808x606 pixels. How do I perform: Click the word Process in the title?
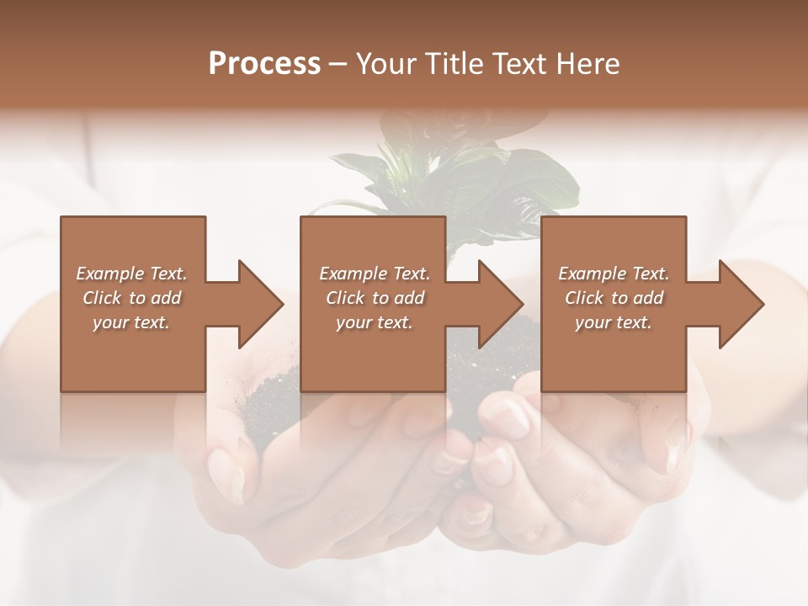[264, 64]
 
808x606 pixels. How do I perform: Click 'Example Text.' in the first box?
[131, 274]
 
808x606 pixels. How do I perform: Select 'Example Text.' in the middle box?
[375, 274]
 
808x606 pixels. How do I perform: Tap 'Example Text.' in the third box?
[614, 274]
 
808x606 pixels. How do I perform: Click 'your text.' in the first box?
[131, 322]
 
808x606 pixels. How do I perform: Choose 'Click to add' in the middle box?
[375, 298]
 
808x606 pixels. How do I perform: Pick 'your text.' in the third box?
[614, 322]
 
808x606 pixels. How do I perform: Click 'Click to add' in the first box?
[131, 298]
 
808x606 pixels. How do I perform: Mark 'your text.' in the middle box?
[375, 322]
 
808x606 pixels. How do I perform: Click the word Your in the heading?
[386, 64]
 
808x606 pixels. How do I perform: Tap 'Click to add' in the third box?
[614, 298]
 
